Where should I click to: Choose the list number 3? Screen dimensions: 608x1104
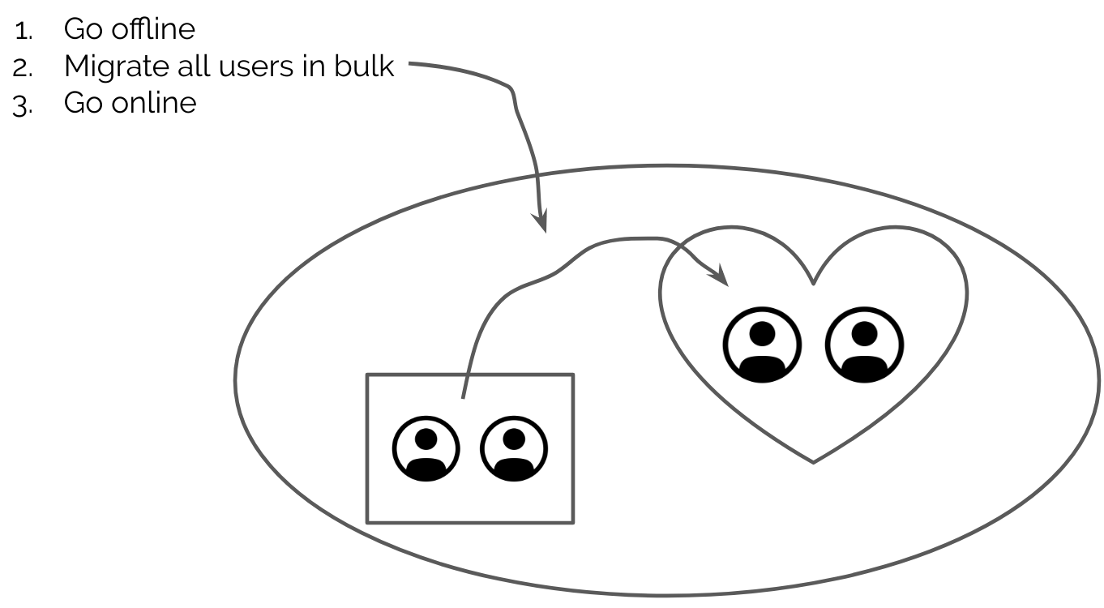click(x=22, y=105)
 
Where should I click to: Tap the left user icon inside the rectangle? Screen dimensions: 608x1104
click(x=426, y=449)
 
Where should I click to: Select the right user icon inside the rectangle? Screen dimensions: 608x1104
click(x=514, y=449)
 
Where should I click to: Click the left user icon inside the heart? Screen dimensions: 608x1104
click(x=762, y=345)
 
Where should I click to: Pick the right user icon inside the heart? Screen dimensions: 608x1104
click(x=864, y=345)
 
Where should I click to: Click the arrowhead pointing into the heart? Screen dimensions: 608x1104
click(x=721, y=279)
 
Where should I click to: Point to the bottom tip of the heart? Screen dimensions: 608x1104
click(x=813, y=462)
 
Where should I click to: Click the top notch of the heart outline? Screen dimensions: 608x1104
click(x=813, y=283)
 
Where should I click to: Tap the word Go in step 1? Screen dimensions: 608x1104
click(x=82, y=29)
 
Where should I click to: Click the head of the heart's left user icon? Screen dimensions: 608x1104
click(x=762, y=332)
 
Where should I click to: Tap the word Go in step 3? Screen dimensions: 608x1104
click(x=82, y=103)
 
